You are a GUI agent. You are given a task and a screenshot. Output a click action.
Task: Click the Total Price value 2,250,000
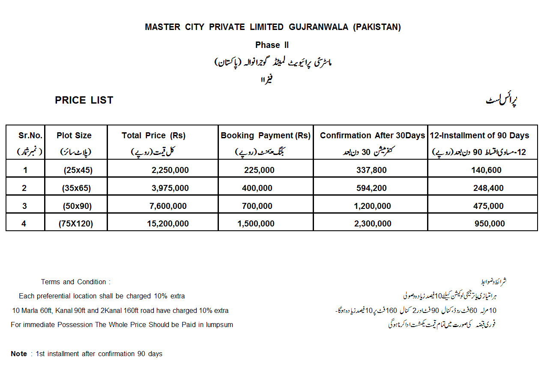[x=170, y=170]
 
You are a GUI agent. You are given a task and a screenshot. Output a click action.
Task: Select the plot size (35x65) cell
[x=77, y=188]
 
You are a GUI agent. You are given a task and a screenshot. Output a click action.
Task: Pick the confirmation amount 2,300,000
[x=373, y=223]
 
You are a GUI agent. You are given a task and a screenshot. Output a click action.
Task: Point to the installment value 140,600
[x=486, y=170]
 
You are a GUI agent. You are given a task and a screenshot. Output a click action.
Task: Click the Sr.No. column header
[x=30, y=136]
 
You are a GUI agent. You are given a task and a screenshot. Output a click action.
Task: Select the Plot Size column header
[x=74, y=136]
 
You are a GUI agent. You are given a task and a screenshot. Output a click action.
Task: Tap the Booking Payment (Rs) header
[x=266, y=136]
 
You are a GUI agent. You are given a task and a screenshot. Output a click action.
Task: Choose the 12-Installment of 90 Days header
[x=479, y=136]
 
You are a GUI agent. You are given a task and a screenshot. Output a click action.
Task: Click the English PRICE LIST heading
[x=84, y=100]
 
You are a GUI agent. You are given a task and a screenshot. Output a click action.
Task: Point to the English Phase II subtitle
[x=272, y=45]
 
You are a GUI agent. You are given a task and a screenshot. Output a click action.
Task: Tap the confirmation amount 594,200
[x=371, y=188]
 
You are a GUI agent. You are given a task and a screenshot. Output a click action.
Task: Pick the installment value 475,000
[x=489, y=206]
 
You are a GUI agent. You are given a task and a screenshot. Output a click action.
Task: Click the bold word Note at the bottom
[x=19, y=354]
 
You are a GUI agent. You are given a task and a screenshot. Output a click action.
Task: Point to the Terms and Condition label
[x=76, y=282]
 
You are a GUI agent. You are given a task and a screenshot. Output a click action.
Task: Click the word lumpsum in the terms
[x=219, y=324]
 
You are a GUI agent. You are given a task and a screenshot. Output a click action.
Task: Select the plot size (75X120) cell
[x=76, y=223]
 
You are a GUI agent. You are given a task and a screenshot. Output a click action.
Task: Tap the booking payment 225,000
[x=259, y=170]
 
